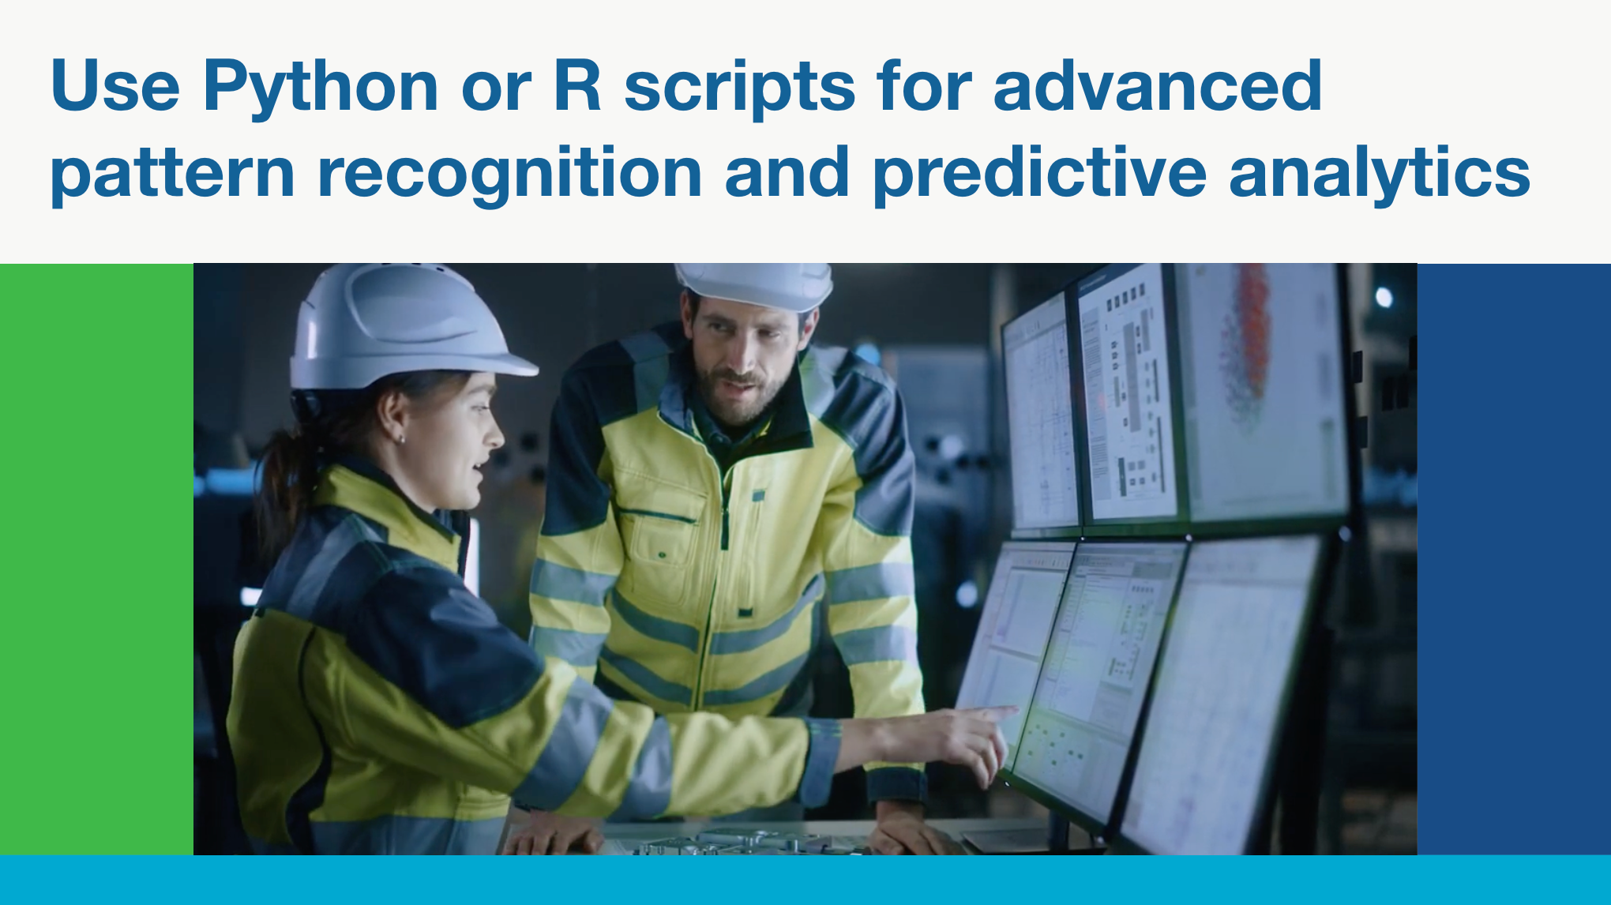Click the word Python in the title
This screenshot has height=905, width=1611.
[320, 87]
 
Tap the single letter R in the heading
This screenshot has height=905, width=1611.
[578, 84]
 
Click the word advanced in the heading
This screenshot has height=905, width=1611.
[1157, 84]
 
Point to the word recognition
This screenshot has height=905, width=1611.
[509, 174]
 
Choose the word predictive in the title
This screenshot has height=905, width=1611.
[1040, 174]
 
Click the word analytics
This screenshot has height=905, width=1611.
[1380, 174]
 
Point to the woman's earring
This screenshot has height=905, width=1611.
[401, 438]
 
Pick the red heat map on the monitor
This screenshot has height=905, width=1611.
[1245, 332]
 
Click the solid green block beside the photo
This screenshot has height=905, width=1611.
[96, 559]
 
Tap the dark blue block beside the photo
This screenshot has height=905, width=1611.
[1514, 559]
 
